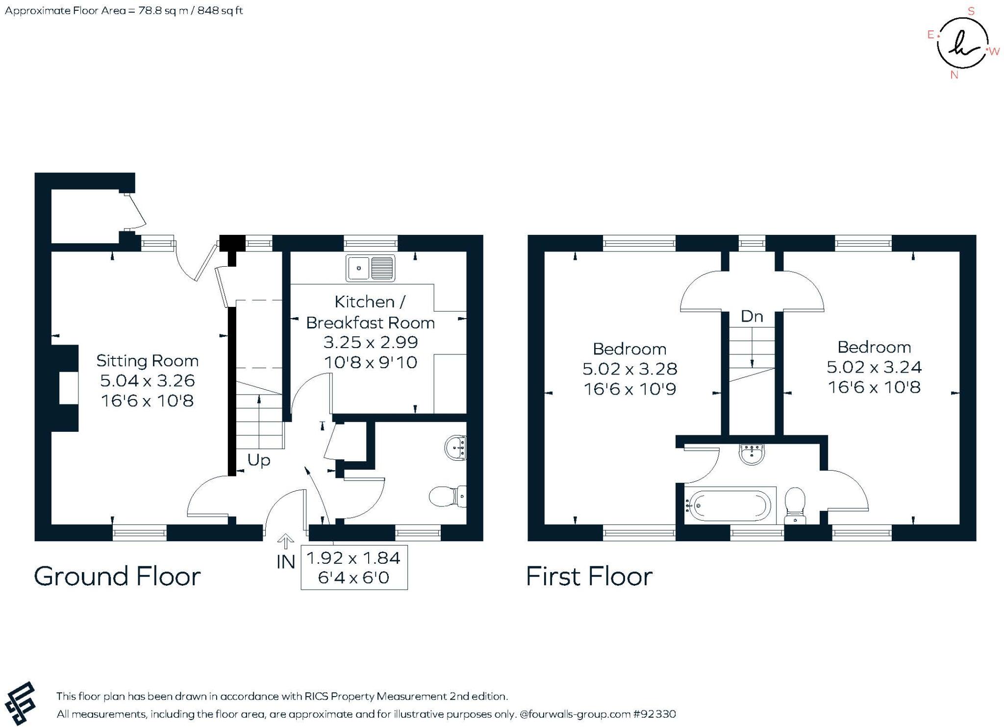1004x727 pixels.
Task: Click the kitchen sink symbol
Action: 370,268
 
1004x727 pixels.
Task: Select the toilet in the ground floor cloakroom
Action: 447,497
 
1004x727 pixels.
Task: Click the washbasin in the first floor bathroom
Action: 751,454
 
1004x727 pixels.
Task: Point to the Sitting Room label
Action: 148,361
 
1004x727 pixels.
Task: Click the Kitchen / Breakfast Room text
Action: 370,312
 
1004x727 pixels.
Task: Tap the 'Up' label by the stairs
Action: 258,460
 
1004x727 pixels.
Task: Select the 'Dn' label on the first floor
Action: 752,317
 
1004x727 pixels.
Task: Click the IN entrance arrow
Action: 285,542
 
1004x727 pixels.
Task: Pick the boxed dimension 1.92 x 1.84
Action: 353,558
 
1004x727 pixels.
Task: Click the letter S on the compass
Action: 971,11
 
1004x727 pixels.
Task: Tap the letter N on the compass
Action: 954,75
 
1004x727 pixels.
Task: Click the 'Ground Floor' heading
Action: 117,577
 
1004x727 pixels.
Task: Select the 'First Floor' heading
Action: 589,577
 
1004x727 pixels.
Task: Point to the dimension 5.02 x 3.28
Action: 629,369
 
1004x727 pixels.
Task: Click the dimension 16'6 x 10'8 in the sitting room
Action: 148,401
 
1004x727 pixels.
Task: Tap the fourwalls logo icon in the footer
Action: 20,703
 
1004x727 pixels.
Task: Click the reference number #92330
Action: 654,714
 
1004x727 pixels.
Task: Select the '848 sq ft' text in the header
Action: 220,11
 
